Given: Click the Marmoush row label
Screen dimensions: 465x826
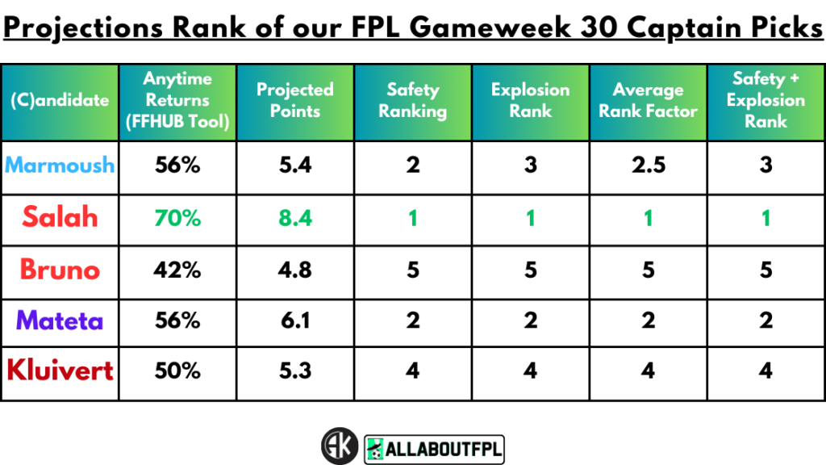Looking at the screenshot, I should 60,165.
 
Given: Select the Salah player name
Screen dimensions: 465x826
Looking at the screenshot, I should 60,217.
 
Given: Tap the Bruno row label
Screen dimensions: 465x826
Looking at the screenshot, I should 60,269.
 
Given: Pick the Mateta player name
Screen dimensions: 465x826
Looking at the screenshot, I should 60,320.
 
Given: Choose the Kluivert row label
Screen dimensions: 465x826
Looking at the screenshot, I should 60,371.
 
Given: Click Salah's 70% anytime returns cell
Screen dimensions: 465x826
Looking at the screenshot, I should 177,217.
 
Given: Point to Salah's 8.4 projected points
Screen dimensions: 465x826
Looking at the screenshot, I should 294,217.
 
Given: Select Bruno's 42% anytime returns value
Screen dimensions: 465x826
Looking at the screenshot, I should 177,269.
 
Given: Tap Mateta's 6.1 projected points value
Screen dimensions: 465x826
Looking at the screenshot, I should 294,320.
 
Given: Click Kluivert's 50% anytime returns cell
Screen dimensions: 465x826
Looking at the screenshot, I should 177,371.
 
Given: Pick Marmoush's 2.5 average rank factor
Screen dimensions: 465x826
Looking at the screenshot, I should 648,165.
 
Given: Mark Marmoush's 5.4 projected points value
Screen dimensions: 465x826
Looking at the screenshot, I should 294,165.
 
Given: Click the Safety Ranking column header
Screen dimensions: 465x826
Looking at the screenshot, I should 413,101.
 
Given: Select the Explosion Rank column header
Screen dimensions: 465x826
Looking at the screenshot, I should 530,101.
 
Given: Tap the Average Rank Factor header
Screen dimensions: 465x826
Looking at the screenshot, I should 648,101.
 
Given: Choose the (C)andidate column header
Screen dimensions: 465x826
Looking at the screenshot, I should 60,101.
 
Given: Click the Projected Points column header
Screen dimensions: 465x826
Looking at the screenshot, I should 294,101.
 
